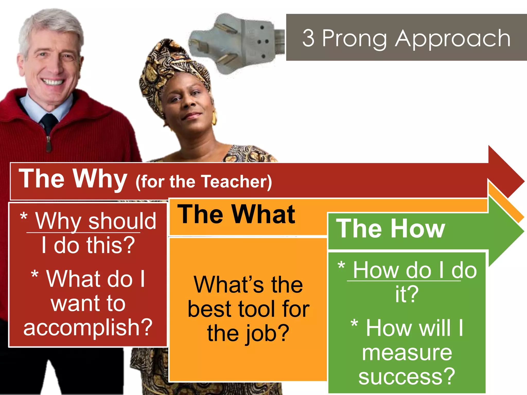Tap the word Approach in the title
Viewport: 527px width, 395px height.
pyautogui.click(x=453, y=39)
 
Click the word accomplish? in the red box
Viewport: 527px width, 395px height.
pyautogui.click(x=88, y=327)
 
